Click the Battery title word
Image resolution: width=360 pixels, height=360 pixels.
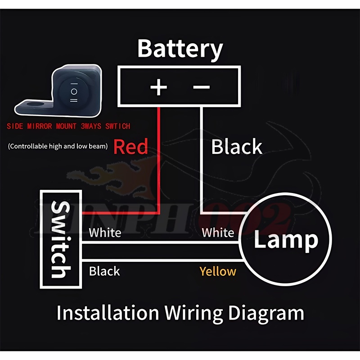(180, 49)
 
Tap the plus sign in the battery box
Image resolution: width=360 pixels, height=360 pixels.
(158, 87)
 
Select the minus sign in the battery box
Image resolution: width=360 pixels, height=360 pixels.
(201, 87)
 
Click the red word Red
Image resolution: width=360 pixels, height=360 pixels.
(130, 147)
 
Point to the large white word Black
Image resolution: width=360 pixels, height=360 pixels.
(237, 147)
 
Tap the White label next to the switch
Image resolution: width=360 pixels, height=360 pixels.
(105, 233)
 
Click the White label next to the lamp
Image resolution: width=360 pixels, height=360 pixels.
(218, 233)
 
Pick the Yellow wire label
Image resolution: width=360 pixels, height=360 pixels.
(218, 271)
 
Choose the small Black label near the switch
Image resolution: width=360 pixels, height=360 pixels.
(104, 271)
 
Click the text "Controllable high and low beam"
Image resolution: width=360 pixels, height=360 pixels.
(58, 146)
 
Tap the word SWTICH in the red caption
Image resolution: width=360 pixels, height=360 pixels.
(118, 127)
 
